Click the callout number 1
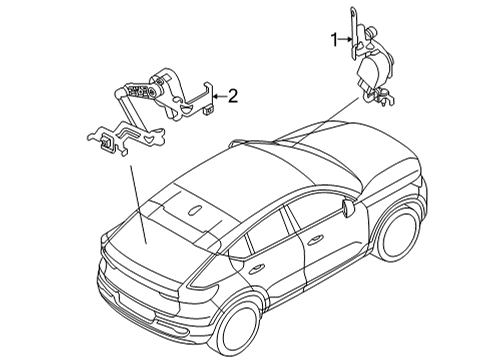click(336, 40)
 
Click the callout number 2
click(232, 96)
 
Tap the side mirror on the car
click(348, 207)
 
